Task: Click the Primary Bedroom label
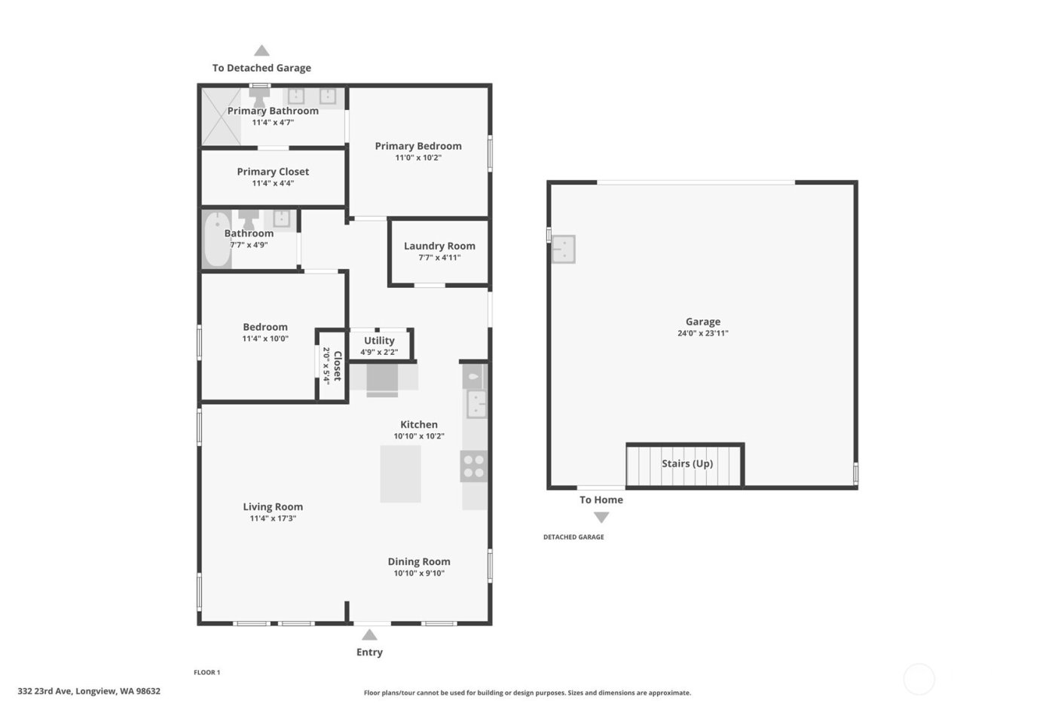coord(418,146)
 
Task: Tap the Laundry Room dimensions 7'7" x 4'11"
coord(439,258)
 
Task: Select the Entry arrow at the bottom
coord(369,634)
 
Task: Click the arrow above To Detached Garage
coord(261,50)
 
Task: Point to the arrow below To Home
coord(601,518)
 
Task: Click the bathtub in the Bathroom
coord(216,240)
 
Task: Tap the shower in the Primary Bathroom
coord(220,116)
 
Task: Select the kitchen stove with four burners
coord(474,466)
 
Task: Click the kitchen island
coord(400,473)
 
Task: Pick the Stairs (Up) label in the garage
coord(687,463)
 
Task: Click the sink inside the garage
coord(563,249)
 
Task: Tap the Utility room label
coord(379,341)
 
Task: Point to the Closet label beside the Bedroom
coord(338,365)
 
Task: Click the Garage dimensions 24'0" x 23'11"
coord(702,333)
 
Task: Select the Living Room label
coord(273,507)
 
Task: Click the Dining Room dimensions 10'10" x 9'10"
coord(419,573)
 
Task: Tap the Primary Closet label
coord(273,172)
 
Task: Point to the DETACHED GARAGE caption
coord(573,537)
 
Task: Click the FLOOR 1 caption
coord(207,672)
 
